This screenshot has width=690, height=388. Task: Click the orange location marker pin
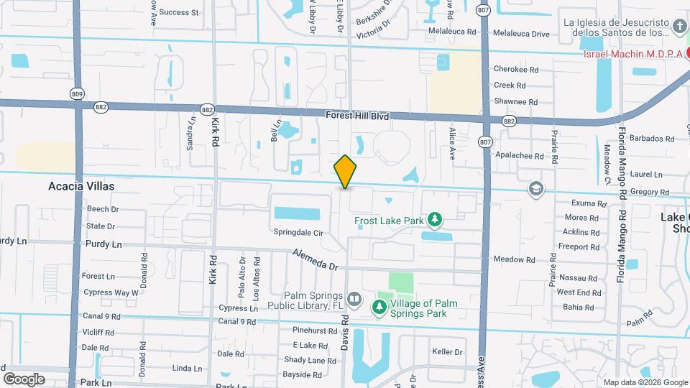[346, 172]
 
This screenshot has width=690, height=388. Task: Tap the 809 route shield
[77, 93]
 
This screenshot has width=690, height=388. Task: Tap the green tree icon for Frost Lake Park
[433, 218]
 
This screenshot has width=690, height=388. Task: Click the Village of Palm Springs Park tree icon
[379, 308]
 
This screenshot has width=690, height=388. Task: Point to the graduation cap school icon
[535, 189]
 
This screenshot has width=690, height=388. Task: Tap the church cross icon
[680, 28]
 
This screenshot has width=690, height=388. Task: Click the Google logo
[24, 379]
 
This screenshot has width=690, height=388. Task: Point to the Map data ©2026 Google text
[645, 382]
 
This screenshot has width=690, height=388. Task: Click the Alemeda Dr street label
[315, 259]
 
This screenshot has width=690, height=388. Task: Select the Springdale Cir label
[298, 232]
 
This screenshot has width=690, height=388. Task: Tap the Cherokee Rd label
[516, 70]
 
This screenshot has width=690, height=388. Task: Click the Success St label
[178, 12]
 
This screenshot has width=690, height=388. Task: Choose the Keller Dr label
[447, 351]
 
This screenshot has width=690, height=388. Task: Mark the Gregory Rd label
[648, 193]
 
